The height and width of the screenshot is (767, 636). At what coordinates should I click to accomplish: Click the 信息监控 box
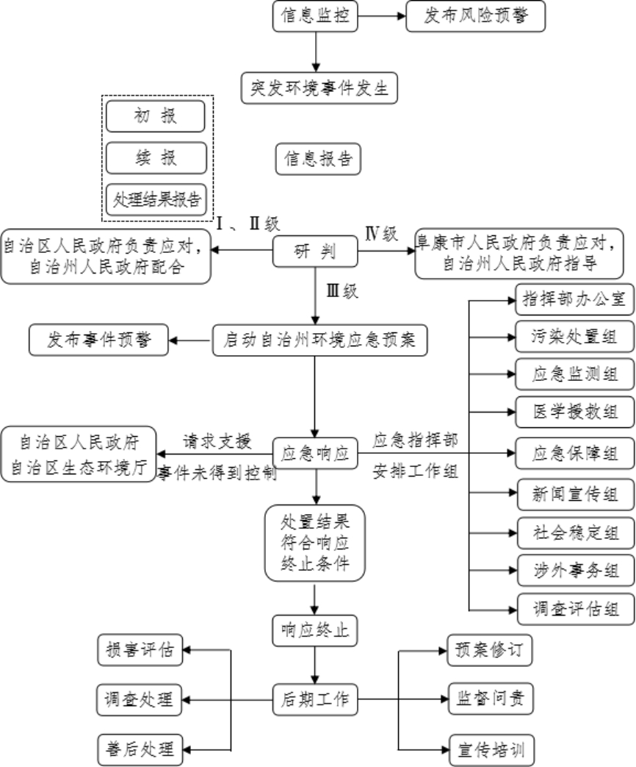tap(315, 16)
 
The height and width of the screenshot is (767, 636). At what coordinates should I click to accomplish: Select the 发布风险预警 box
tap(475, 16)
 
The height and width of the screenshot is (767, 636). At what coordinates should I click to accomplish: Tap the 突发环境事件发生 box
tap(319, 88)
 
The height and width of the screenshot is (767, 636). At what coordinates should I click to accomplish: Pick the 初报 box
tap(155, 116)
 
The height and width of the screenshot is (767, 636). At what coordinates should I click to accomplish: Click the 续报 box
tap(155, 157)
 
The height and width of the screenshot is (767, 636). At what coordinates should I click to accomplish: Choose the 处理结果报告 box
tap(155, 199)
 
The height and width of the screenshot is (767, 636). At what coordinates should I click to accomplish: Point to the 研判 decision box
tap(315, 252)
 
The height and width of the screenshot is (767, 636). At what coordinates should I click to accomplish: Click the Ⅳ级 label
tap(381, 235)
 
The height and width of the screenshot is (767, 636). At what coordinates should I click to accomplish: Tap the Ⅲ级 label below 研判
tap(342, 291)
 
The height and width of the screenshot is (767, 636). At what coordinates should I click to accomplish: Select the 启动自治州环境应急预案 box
tap(319, 341)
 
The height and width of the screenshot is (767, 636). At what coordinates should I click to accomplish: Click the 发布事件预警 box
tap(98, 340)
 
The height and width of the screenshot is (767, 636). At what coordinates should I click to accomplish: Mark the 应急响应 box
tap(315, 453)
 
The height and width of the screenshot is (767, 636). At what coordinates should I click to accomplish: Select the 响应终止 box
tap(315, 629)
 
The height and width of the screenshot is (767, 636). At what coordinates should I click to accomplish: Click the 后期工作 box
tap(315, 699)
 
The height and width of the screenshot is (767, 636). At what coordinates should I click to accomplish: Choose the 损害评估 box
tap(140, 650)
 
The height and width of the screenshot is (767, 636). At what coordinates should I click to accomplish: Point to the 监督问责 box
tap(491, 699)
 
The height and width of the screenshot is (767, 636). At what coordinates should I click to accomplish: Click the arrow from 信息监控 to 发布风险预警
tap(382, 16)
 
